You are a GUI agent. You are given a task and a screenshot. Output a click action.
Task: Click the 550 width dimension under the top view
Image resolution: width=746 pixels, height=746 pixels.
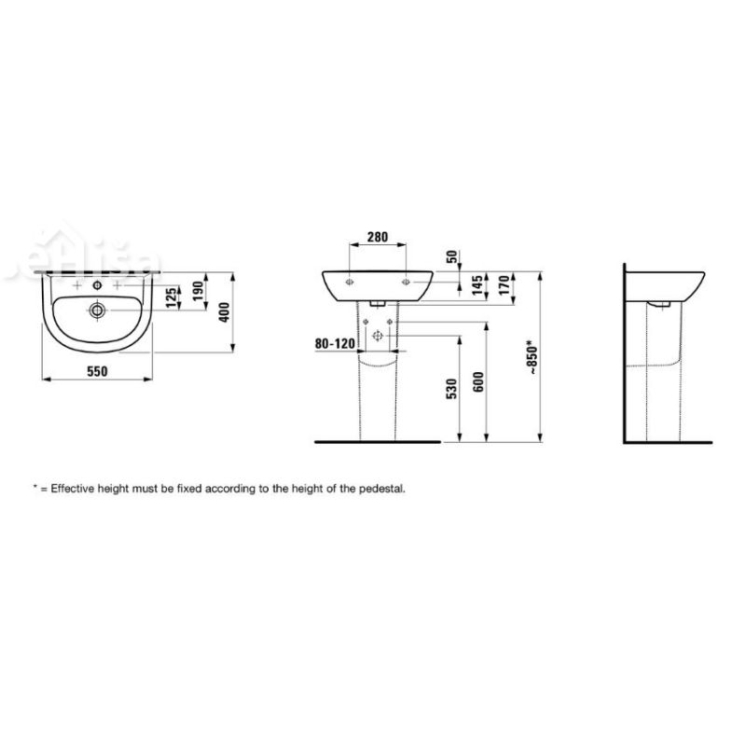(x=98, y=371)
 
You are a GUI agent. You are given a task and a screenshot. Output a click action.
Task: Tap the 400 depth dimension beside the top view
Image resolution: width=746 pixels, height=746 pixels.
(x=223, y=313)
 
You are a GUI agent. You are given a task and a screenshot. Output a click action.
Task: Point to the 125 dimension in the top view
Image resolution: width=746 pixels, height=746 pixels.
(x=170, y=297)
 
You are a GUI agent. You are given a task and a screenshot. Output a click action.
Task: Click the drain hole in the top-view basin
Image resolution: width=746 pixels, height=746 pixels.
(x=98, y=310)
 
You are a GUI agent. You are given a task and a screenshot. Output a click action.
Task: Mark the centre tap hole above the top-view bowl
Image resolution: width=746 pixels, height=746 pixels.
(x=98, y=283)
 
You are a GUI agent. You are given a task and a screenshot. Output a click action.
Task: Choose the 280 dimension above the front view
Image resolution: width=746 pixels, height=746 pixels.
(x=378, y=238)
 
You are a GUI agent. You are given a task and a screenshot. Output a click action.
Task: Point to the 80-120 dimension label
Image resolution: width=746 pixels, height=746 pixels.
(x=335, y=343)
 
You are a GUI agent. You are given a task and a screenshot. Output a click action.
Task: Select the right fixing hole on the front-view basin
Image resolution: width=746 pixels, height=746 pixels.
(x=407, y=280)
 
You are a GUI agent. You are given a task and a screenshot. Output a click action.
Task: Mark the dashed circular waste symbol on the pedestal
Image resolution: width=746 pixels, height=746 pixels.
(x=378, y=336)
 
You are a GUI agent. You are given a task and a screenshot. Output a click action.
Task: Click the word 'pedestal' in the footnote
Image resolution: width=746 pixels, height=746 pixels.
(x=383, y=488)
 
